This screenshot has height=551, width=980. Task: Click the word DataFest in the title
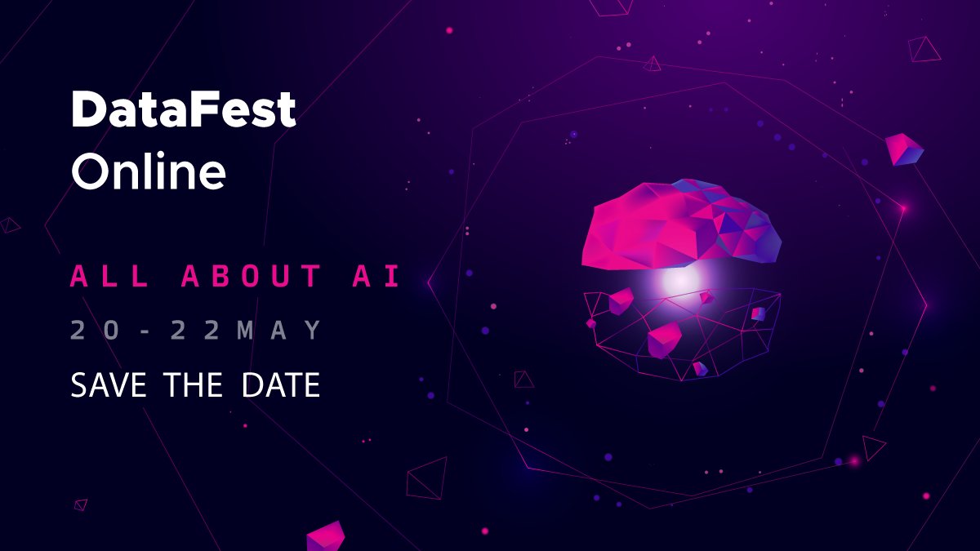[x=183, y=110]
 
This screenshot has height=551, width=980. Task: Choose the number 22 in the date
[x=194, y=331]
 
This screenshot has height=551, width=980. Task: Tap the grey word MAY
[x=279, y=331]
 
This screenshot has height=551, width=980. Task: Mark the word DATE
[x=280, y=384]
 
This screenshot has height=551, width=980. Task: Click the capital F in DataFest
[x=221, y=110]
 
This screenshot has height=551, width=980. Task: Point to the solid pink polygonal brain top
[x=670, y=224]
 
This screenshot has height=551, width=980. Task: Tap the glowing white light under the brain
[x=679, y=281]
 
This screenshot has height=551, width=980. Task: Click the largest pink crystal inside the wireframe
[x=664, y=339]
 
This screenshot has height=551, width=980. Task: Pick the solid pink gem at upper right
[x=903, y=149]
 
